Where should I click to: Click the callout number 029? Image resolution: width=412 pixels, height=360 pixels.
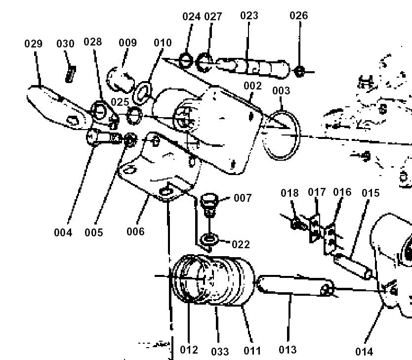33,44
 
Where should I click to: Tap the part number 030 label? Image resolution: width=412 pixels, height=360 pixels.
65,44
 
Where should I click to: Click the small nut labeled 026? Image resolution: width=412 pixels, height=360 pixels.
298,71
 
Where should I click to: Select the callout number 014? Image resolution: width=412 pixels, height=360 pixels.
364,352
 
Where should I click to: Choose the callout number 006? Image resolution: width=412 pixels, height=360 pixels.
135,231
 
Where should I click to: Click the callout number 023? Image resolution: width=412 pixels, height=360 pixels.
249,15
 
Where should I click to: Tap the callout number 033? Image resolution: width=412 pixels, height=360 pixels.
220,352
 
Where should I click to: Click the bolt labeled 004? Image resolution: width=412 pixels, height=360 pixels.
101,136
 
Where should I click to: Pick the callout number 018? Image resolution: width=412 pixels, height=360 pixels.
289,192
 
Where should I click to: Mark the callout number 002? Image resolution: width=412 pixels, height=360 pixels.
252,86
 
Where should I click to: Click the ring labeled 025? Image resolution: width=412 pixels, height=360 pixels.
134,116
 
